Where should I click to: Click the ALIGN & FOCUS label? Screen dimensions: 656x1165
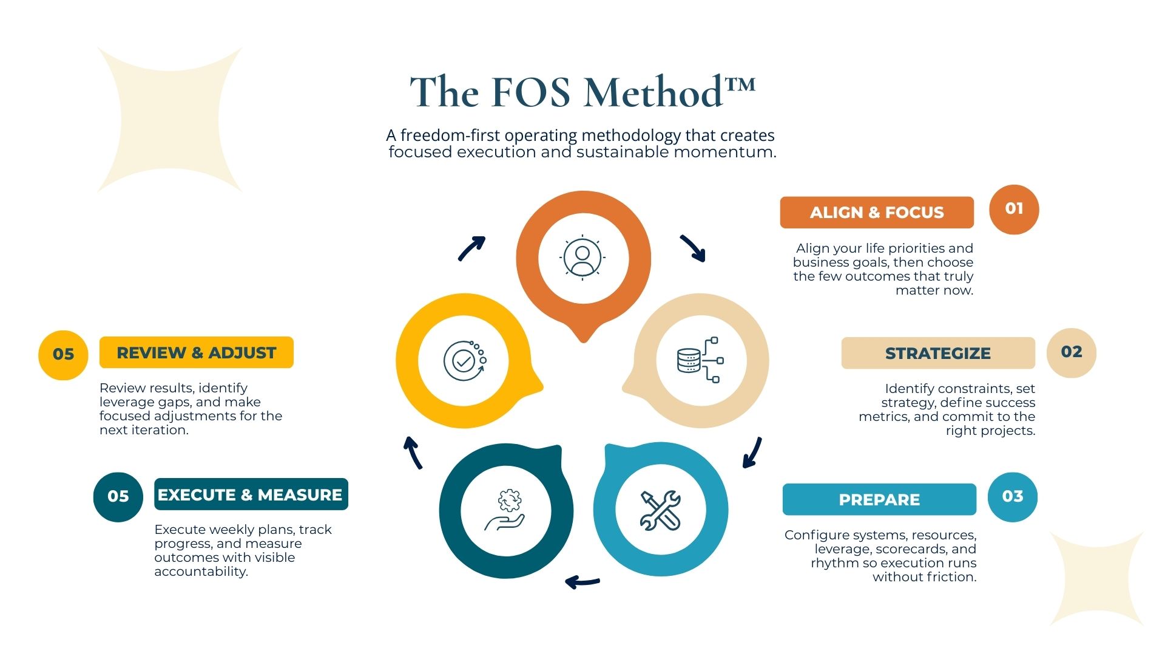tap(877, 213)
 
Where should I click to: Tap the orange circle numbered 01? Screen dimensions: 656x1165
tap(1014, 209)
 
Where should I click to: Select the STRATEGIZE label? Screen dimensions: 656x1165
tap(937, 353)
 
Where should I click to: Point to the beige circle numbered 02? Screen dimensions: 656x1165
tap(1072, 352)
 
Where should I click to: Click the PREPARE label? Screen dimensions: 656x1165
tap(879, 499)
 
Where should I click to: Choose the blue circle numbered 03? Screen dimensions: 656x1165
tap(1013, 497)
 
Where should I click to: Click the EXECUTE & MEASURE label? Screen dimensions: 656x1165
tap(251, 494)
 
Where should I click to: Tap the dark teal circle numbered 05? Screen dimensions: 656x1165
tap(118, 497)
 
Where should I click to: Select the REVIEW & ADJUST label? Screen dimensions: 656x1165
tap(196, 352)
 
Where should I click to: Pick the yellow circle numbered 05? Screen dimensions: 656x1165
tap(63, 355)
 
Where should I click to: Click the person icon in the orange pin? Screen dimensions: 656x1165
tap(582, 258)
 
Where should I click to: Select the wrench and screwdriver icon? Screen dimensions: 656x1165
tap(661, 510)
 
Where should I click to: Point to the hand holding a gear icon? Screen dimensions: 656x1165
tap(505, 510)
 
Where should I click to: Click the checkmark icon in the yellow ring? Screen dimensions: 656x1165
tap(464, 361)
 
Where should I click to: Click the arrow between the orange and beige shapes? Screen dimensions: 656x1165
tap(693, 248)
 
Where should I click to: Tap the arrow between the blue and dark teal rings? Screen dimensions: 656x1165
tap(582, 582)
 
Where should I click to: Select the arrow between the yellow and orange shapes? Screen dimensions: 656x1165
tap(471, 248)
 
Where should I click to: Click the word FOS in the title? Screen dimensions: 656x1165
tap(530, 92)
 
